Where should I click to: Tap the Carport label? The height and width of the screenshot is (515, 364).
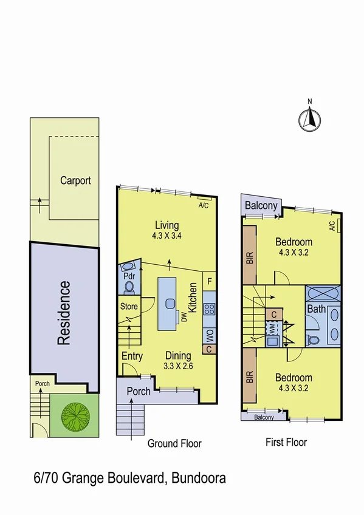(75, 180)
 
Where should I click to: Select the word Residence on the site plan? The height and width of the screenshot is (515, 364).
(64, 313)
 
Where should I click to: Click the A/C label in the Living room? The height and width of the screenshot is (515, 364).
(204, 205)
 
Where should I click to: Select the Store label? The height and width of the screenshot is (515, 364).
(129, 307)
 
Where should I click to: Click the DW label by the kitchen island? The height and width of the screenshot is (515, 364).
(182, 316)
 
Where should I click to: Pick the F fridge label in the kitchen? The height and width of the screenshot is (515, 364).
(209, 281)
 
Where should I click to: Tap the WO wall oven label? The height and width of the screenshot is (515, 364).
(209, 334)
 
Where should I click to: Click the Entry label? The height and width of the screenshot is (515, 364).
(132, 356)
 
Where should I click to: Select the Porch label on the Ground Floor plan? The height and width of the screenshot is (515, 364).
(138, 391)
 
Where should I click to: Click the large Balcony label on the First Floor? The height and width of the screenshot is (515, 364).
(261, 206)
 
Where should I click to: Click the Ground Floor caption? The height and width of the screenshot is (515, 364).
(174, 444)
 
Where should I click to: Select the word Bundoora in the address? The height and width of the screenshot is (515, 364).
(197, 479)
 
